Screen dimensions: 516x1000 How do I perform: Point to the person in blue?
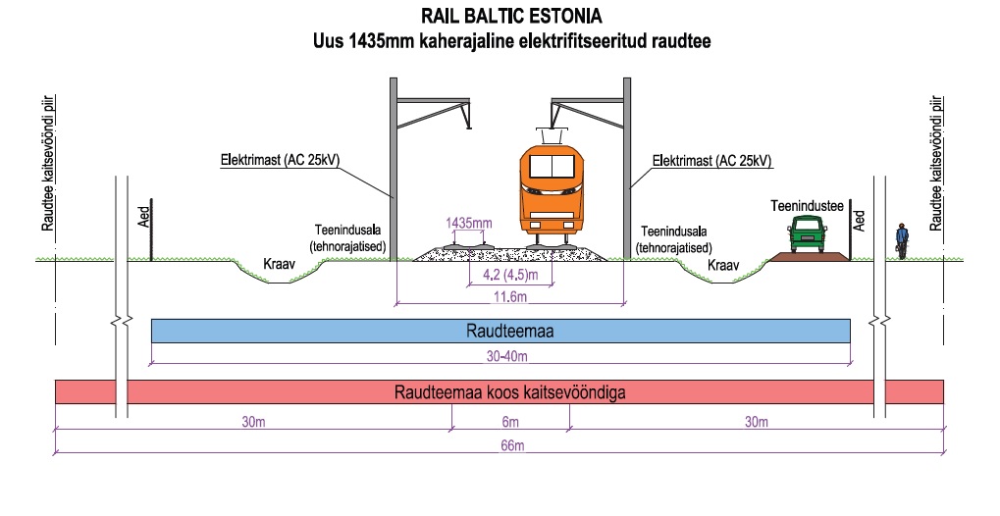[x=900, y=240]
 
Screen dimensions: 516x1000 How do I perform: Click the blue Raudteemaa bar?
[x=500, y=332]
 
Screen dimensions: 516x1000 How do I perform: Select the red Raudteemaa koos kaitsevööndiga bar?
[x=500, y=392]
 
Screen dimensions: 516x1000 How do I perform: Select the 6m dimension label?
[x=510, y=422]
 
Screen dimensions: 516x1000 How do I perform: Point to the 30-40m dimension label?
[x=501, y=355]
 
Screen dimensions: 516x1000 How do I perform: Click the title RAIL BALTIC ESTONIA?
[x=509, y=17]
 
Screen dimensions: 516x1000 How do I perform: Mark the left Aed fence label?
[x=144, y=218]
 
